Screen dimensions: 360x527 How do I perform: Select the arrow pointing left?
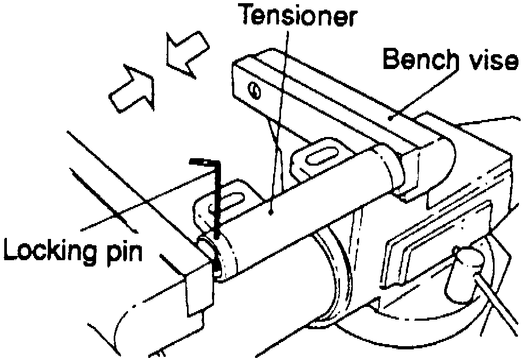pos(184,52)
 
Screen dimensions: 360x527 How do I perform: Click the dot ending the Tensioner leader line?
pos(271,211)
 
